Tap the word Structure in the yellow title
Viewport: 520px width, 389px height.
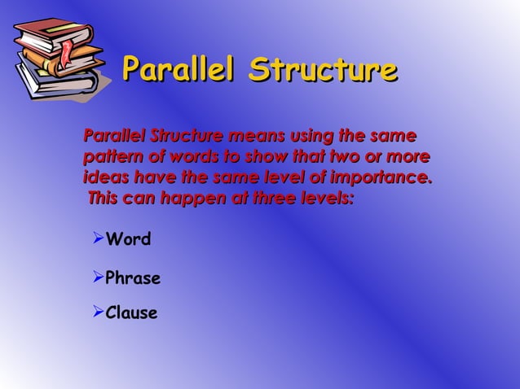pyautogui.click(x=323, y=71)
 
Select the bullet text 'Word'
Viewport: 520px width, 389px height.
pyautogui.click(x=129, y=240)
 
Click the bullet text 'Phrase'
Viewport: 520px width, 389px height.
pyautogui.click(x=133, y=279)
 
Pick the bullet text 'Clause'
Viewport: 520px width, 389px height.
pyautogui.click(x=131, y=313)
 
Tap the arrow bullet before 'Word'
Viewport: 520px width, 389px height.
pyautogui.click(x=97, y=239)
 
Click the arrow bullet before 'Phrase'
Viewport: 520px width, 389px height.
pyautogui.click(x=97, y=278)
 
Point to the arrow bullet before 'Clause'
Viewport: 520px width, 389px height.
pyautogui.click(x=97, y=312)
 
